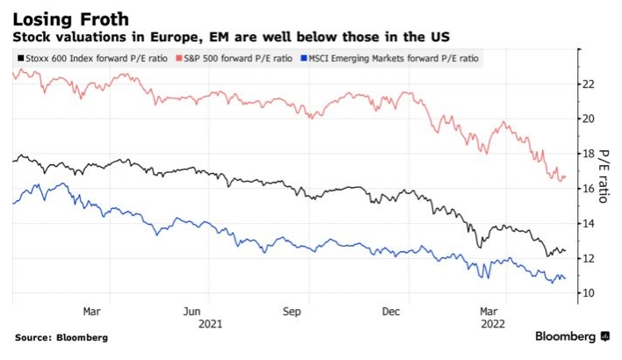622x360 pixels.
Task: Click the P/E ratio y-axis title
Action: click(605, 175)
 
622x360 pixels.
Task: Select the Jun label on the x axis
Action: click(193, 311)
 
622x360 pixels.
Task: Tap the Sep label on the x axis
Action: click(293, 311)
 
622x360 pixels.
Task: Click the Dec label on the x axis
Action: click(392, 311)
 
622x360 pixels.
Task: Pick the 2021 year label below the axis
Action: click(211, 324)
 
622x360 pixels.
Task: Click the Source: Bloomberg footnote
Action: click(61, 337)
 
